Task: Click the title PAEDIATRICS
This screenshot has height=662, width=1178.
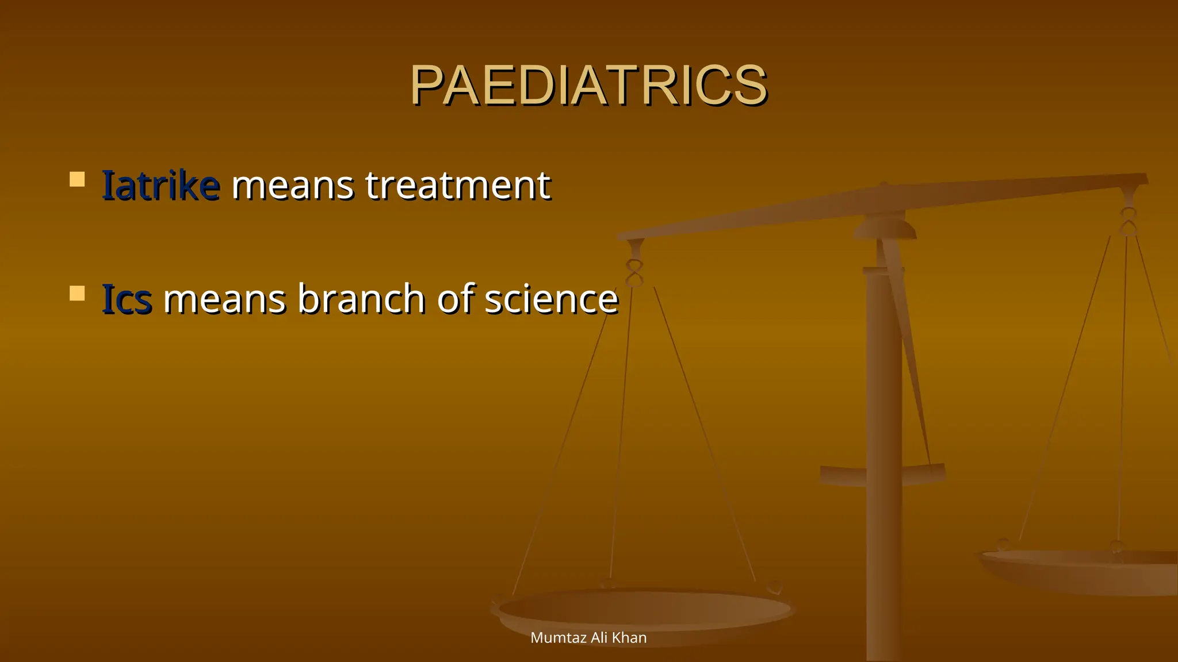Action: pyautogui.click(x=588, y=86)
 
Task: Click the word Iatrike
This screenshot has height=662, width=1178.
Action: pyautogui.click(x=160, y=186)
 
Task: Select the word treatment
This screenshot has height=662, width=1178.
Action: pyautogui.click(x=458, y=186)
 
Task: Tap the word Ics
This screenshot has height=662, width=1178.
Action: pyautogui.click(x=127, y=299)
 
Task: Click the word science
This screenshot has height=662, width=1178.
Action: pyautogui.click(x=551, y=299)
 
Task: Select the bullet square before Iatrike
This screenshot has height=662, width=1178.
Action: pyautogui.click(x=77, y=179)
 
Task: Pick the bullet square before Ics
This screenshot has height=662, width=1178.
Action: pyautogui.click(x=77, y=293)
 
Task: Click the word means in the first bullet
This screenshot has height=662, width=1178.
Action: pyautogui.click(x=292, y=187)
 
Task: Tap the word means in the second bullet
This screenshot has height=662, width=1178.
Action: pyautogui.click(x=224, y=301)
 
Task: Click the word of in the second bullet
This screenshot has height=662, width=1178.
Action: pyautogui.click(x=456, y=299)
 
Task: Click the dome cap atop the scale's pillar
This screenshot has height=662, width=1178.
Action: pyautogui.click(x=885, y=228)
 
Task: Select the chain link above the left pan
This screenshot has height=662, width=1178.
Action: pyautogui.click(x=634, y=274)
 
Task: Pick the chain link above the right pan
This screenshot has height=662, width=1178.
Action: pyautogui.click(x=1128, y=222)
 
